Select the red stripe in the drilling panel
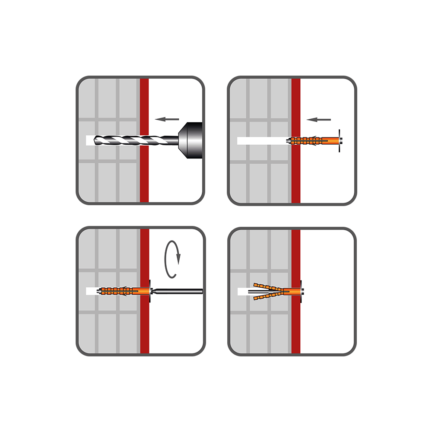click(x=144, y=181)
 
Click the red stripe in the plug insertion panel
click(x=296, y=181)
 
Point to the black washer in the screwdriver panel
click(x=150, y=291)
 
